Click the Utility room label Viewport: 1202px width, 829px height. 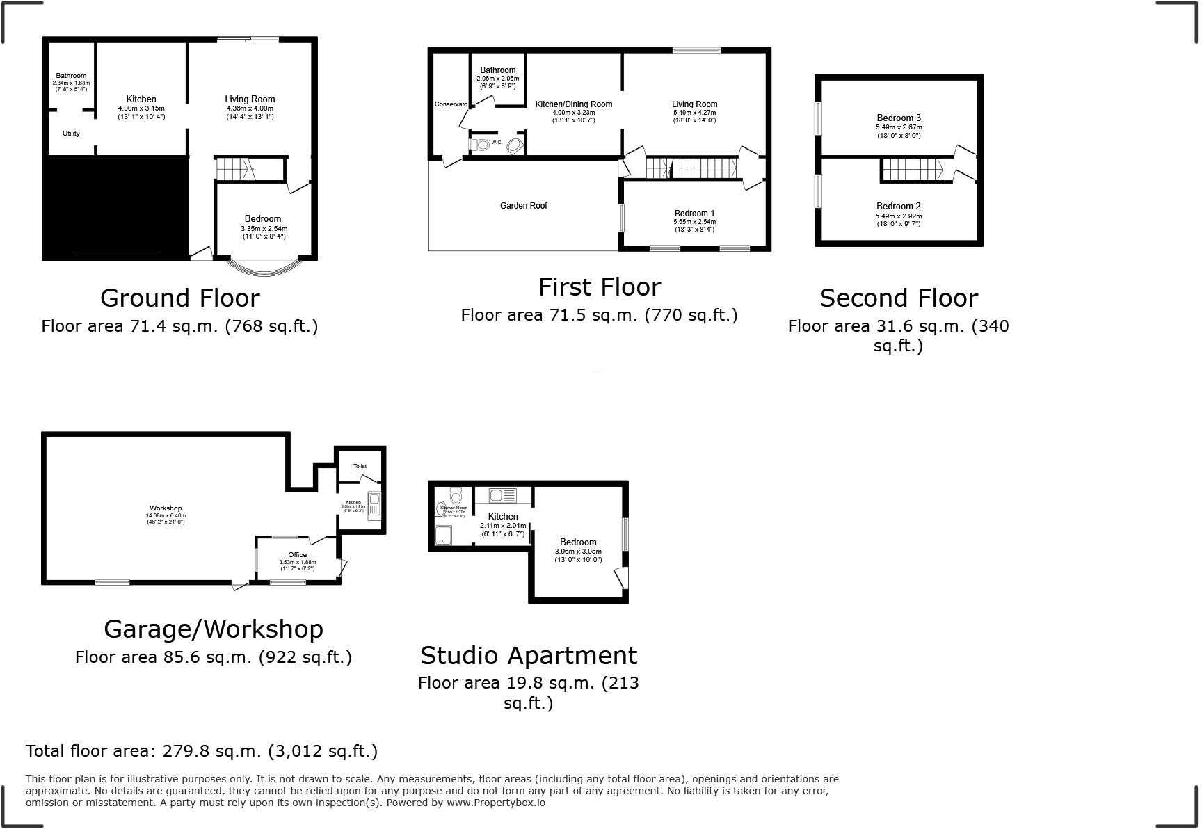[71, 134]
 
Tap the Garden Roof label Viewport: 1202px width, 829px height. [523, 206]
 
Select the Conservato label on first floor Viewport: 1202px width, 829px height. [451, 104]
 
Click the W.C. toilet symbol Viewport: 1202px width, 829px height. [479, 144]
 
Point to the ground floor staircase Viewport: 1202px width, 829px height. [234, 169]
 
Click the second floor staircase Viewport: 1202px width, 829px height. [913, 169]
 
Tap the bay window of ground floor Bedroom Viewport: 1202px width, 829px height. [266, 268]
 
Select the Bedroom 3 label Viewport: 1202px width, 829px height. [898, 118]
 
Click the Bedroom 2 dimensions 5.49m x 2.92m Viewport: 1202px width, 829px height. [898, 216]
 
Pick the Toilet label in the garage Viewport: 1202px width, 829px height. [360, 466]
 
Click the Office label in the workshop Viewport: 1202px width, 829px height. [297, 554]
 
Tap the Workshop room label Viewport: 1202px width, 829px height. [166, 508]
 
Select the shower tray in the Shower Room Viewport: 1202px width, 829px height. [443, 534]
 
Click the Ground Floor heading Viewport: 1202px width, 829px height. [179, 298]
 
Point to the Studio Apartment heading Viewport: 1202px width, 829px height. [528, 655]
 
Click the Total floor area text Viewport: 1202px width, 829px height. [202, 751]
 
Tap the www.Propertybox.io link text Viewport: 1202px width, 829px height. [495, 803]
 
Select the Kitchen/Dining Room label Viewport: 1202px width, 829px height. [573, 104]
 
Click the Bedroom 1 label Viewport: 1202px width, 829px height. [694, 214]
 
